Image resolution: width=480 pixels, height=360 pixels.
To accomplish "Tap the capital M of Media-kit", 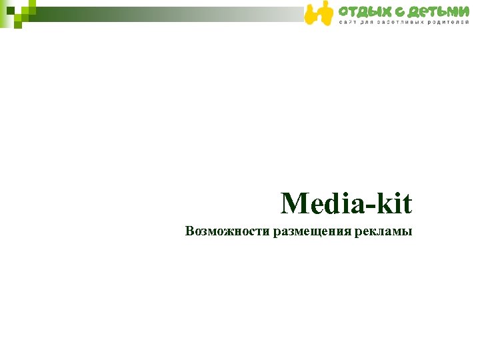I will point(294,203).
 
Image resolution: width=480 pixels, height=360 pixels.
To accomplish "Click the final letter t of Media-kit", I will point(409,204).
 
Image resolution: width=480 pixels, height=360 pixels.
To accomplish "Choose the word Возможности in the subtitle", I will point(228,233).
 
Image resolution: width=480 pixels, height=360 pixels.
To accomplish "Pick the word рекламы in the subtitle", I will point(383,233).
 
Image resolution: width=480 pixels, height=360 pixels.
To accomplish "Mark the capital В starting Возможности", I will point(191,232).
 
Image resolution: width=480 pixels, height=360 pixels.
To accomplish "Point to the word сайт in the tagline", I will point(349,23).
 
